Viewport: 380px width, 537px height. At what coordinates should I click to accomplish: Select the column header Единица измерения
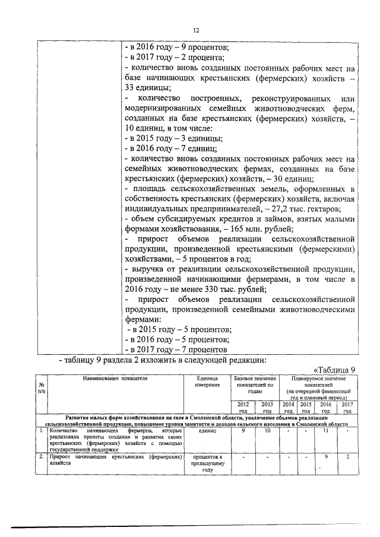point(207,381)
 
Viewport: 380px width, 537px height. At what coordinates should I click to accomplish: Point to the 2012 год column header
point(243,407)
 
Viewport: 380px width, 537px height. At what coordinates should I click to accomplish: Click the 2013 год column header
point(267,407)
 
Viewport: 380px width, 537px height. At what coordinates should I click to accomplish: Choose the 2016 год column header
point(327,407)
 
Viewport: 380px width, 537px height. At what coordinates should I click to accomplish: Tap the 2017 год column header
point(347,407)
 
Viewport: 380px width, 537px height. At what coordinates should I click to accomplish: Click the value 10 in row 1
point(267,431)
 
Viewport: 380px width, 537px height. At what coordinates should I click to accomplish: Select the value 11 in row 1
point(326,431)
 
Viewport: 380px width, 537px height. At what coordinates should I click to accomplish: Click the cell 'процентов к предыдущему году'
point(207,463)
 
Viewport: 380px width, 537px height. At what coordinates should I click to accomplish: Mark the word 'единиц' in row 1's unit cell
point(207,431)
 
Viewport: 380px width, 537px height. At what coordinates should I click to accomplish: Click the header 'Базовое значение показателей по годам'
point(254,385)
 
